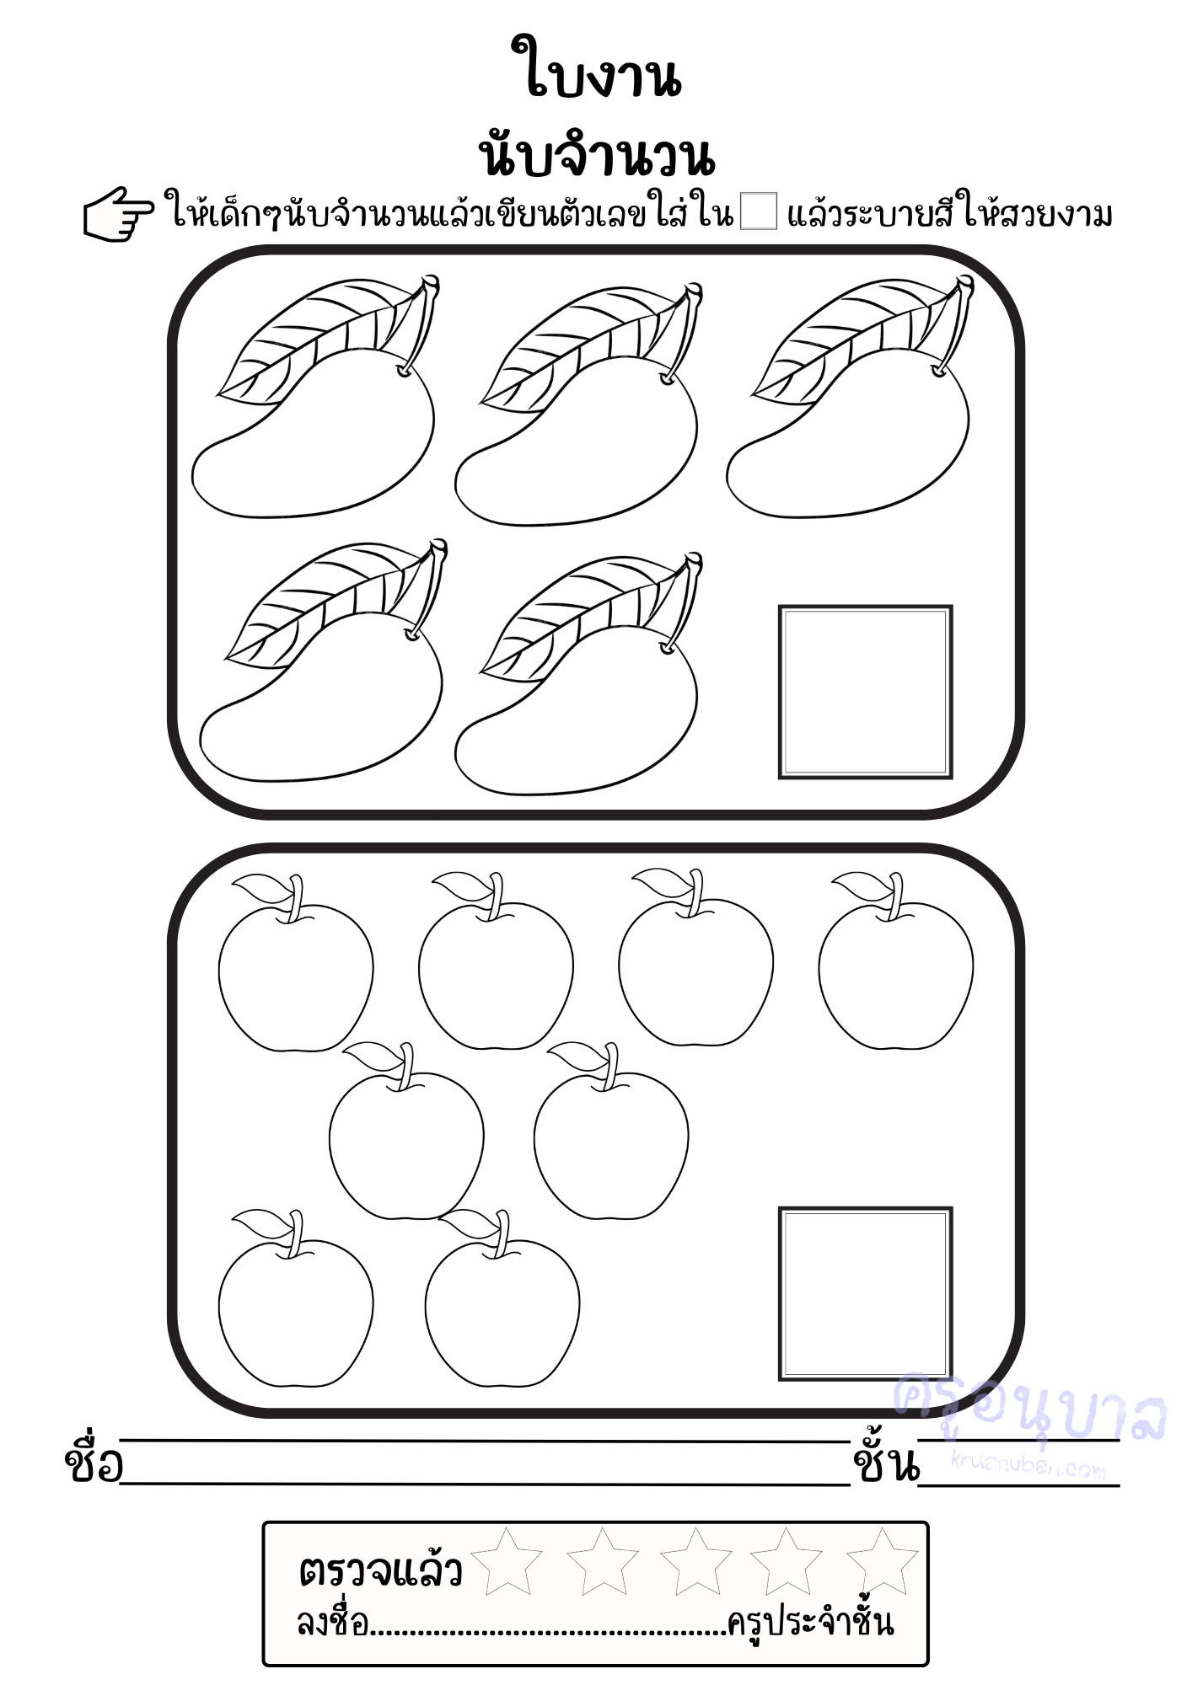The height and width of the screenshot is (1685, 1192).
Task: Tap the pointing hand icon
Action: click(118, 215)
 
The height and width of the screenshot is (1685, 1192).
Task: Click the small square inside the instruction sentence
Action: click(758, 211)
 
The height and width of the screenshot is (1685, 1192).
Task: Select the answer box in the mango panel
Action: click(865, 692)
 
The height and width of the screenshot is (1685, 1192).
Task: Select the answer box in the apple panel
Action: click(865, 1293)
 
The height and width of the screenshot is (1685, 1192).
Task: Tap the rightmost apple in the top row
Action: click(895, 961)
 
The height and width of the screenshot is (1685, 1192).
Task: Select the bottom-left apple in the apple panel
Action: click(296, 1297)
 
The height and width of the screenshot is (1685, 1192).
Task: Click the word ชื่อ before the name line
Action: click(93, 1463)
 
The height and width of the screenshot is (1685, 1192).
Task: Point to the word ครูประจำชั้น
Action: click(810, 1622)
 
